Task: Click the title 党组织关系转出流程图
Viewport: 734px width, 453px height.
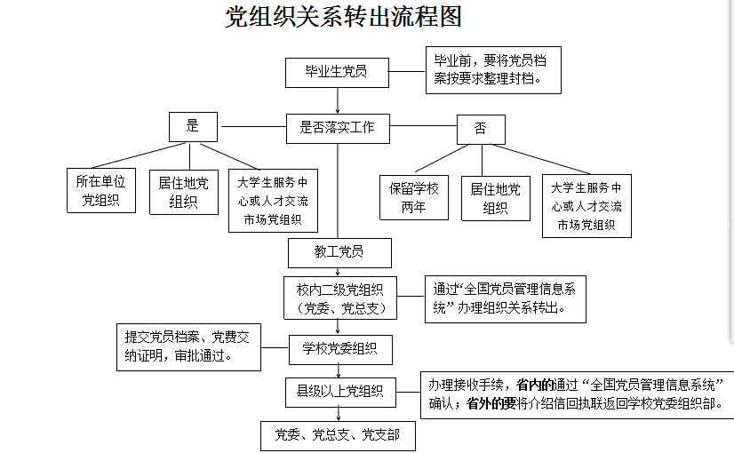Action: [344, 18]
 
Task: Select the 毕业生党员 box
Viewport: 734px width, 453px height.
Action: [337, 72]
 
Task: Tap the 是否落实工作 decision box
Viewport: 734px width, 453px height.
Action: [337, 128]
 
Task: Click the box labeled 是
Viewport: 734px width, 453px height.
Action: [193, 127]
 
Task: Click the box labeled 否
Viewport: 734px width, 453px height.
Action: [481, 129]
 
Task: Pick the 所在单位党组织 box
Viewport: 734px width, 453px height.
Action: [101, 191]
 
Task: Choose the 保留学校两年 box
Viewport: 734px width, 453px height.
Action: [414, 197]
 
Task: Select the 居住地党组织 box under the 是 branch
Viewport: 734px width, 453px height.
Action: [184, 192]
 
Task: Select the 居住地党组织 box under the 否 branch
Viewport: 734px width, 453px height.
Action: [495, 197]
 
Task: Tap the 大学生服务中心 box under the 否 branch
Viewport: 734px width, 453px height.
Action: [586, 206]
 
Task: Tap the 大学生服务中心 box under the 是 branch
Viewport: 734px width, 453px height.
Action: [273, 201]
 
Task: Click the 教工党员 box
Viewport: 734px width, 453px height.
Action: [339, 252]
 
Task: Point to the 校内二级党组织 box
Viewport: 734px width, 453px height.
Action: [339, 298]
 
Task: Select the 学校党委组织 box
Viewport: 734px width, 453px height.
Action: [340, 349]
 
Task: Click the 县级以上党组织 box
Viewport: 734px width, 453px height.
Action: [340, 391]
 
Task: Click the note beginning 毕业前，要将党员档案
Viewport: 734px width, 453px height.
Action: [491, 69]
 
